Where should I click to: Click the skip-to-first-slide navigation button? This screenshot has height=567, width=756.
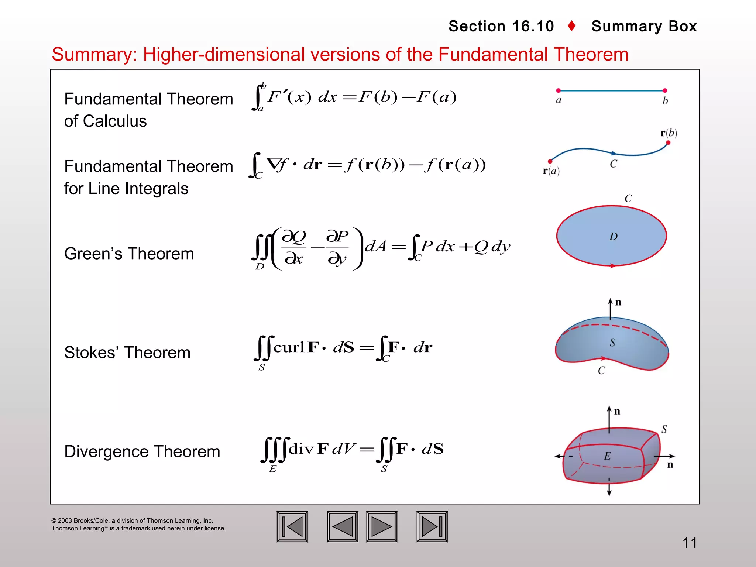click(292, 526)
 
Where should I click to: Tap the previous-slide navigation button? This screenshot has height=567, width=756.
click(343, 526)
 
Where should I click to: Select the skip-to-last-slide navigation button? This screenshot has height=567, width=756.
click(432, 526)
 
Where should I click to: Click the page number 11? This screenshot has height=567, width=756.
click(690, 543)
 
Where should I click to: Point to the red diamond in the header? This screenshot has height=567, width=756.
click(572, 26)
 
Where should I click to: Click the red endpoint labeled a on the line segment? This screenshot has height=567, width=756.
click(559, 90)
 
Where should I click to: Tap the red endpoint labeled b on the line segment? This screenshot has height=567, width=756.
click(665, 90)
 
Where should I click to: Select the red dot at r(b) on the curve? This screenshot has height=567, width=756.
click(668, 143)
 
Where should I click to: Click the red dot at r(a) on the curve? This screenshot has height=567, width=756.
click(550, 161)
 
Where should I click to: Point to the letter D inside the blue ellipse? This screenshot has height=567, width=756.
click(614, 237)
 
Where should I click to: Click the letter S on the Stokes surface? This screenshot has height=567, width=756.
click(612, 343)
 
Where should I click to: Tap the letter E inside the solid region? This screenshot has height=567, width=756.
click(607, 456)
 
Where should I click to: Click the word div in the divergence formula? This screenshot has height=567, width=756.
click(301, 449)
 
